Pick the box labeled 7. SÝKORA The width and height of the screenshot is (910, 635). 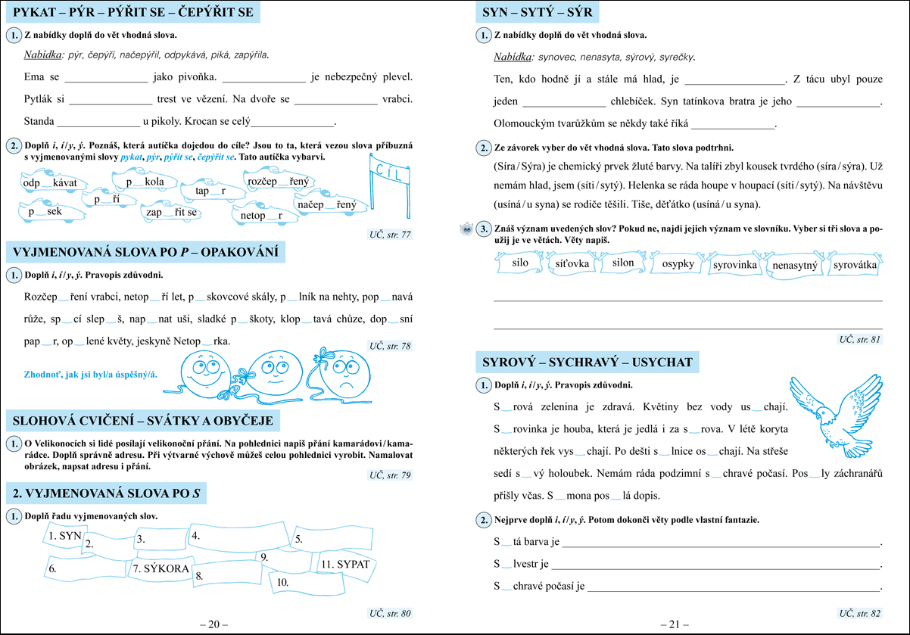click(x=160, y=568)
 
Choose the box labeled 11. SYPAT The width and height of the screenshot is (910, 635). click(x=345, y=565)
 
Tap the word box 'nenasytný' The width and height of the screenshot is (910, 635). click(x=796, y=266)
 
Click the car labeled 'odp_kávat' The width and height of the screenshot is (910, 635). click(x=54, y=183)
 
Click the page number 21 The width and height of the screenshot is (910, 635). click(x=675, y=624)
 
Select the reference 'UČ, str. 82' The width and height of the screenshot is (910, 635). click(x=859, y=613)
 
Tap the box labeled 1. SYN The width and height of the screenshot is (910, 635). click(x=64, y=534)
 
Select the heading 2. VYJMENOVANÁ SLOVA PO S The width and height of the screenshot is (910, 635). click(x=106, y=494)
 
